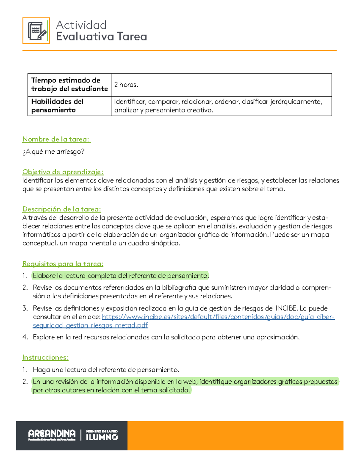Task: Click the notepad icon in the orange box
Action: (x=36, y=31)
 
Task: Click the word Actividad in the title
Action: (x=81, y=25)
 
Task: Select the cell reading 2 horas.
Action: (x=126, y=85)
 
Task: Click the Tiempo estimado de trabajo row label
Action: (x=69, y=85)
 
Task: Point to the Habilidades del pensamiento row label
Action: (x=57, y=106)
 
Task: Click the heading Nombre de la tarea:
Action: (x=56, y=139)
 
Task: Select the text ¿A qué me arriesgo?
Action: (x=53, y=152)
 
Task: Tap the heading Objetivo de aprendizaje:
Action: (x=63, y=172)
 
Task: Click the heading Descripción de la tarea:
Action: (x=61, y=209)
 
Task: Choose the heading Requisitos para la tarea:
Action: (x=63, y=264)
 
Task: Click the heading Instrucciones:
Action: (x=45, y=357)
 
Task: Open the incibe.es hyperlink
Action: (x=218, y=317)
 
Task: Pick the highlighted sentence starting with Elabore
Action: (x=121, y=276)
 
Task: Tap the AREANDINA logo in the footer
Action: (x=52, y=435)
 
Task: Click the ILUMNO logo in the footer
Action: (x=102, y=435)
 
